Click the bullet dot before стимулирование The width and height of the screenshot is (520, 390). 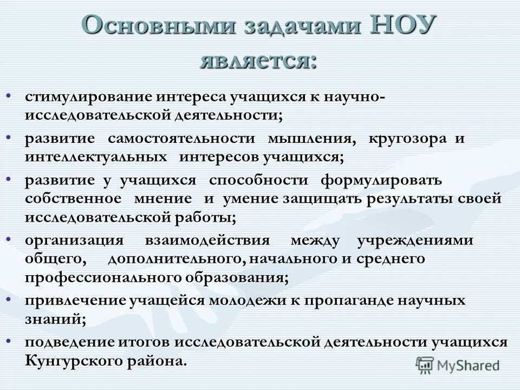click(9, 96)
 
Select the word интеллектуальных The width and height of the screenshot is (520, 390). click(95, 157)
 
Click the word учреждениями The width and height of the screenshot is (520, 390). click(415, 240)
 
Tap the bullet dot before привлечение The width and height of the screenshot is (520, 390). click(9, 299)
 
